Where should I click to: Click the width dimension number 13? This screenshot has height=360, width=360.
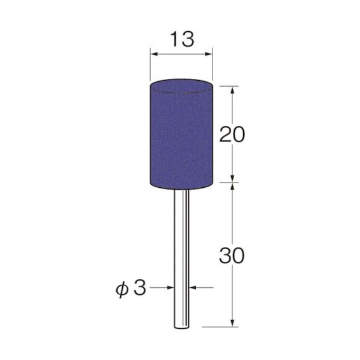181,40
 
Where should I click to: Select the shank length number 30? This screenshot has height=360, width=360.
232,255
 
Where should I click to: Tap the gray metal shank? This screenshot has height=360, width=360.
181,253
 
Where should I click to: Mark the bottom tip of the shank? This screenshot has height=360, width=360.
181,327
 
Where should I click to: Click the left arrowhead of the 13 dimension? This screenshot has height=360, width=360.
152,55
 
